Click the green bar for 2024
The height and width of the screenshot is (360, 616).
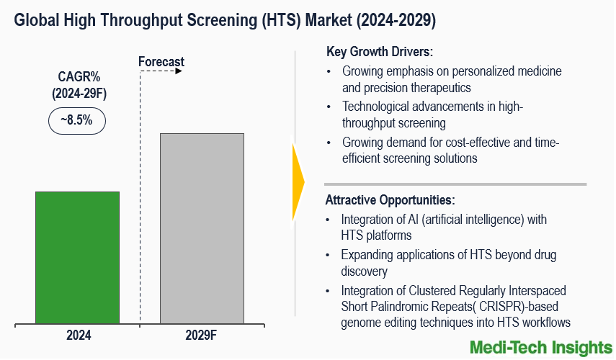click(77, 257)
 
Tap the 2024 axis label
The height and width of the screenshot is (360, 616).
click(79, 335)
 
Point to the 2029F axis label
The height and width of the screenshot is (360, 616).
click(202, 335)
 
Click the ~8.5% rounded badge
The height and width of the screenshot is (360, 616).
click(76, 120)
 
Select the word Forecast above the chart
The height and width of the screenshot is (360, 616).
click(161, 62)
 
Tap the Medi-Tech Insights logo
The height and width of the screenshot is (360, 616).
click(538, 347)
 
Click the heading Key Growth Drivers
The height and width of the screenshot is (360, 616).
click(379, 52)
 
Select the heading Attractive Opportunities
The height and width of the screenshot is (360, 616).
click(390, 199)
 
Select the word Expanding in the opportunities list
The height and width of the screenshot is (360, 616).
click(367, 255)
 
